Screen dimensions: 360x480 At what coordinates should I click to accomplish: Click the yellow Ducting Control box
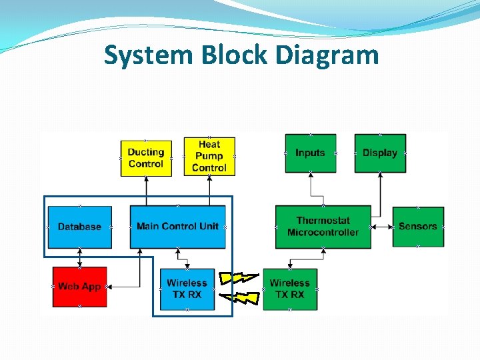point(145,158)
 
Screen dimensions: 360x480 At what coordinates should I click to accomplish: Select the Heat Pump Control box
point(209,157)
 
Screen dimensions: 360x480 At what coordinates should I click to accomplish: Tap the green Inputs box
point(310,153)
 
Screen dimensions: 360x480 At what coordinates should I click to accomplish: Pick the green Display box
point(380,153)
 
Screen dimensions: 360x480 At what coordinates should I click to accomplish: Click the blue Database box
point(79,227)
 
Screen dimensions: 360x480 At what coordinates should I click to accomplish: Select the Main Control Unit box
point(177,227)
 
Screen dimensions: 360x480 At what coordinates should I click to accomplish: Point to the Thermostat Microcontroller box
point(323,227)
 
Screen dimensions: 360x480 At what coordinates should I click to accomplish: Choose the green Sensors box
point(417,227)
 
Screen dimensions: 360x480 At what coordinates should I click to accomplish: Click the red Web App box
point(79,287)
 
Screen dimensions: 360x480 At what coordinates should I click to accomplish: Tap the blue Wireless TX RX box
point(187,289)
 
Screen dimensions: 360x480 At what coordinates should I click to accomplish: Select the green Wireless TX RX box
point(290,289)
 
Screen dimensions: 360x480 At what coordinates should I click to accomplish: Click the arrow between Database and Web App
point(79,257)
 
